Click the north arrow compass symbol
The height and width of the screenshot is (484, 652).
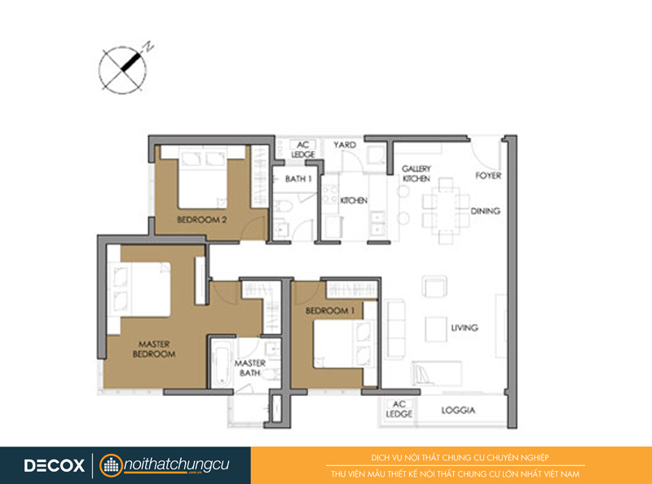click(123, 69)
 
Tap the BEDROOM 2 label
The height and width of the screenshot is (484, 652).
click(202, 219)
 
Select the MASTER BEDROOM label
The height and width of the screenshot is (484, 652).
click(154, 349)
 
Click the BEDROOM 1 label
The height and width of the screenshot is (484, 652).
click(330, 310)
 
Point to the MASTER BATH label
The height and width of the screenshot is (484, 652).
click(250, 368)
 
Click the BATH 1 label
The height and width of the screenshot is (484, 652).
click(298, 178)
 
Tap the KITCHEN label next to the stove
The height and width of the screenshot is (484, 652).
click(354, 200)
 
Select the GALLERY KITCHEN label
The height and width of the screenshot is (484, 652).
click(416, 174)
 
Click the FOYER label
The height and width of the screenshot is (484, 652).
click(488, 175)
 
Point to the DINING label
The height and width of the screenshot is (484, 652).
click(485, 211)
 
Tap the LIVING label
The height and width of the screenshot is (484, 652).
click(465, 328)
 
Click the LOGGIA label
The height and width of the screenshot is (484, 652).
click(458, 410)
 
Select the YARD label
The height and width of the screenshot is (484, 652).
click(345, 145)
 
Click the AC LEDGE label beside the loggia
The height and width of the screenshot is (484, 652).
click(399, 409)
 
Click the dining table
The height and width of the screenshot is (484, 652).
click(445, 210)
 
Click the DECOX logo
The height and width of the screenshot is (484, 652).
click(54, 465)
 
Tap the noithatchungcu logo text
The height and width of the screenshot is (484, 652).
click(176, 465)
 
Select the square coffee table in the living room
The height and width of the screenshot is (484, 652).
click(436, 330)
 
